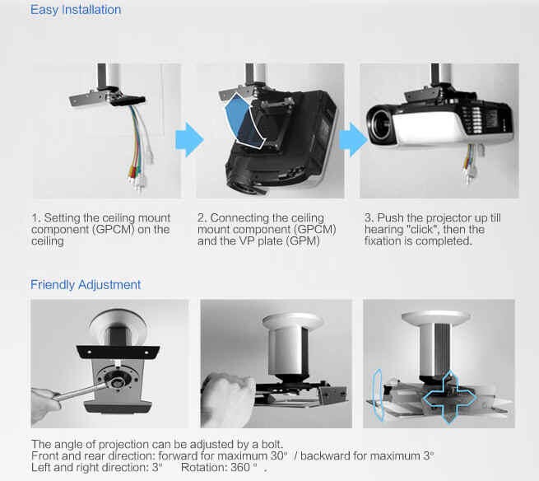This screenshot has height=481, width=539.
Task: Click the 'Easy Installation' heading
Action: [x=76, y=10]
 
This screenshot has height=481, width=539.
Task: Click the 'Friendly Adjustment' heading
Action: [x=86, y=285]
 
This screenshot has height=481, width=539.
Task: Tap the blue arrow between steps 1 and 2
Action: [x=189, y=140]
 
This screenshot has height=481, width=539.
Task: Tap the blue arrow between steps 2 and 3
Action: [x=353, y=140]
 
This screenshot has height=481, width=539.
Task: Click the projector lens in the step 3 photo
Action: [x=380, y=124]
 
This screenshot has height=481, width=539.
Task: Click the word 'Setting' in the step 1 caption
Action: [x=62, y=218]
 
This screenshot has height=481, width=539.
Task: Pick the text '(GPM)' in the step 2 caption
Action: [x=304, y=240]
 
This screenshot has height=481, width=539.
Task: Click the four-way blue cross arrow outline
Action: [x=449, y=397]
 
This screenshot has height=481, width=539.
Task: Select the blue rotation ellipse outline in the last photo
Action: [x=379, y=395]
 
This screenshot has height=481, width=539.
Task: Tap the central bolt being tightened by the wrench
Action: [x=118, y=382]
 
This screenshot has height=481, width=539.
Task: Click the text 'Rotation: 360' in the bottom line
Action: [x=215, y=467]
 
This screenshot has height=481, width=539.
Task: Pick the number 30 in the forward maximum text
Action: [x=276, y=456]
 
